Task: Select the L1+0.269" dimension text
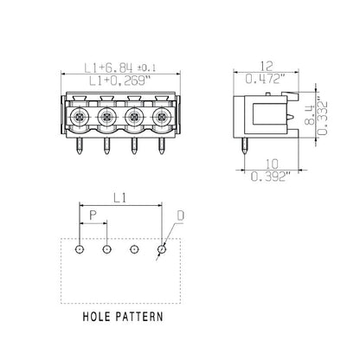click(x=114, y=80)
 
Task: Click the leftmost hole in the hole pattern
click(x=79, y=250)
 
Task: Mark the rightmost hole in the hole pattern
click(x=161, y=250)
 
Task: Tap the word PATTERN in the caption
click(x=139, y=317)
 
